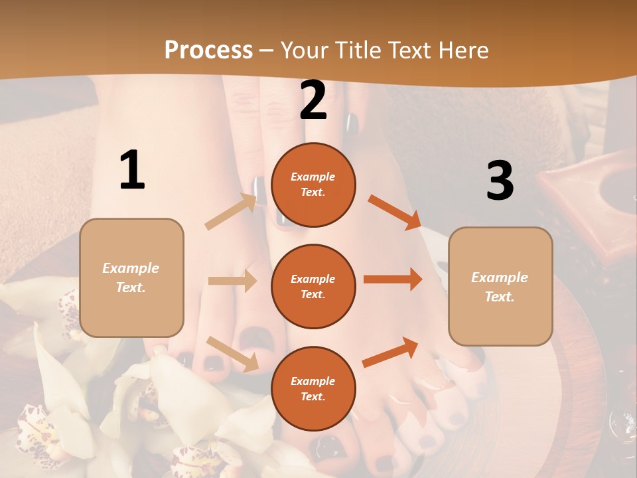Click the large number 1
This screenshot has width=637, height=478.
click(x=132, y=171)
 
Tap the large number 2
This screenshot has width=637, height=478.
click(x=313, y=100)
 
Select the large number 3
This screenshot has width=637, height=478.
click(x=500, y=181)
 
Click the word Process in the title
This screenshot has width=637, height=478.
click(x=208, y=50)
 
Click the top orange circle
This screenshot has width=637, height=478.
click(x=313, y=185)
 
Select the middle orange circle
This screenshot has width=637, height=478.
click(x=313, y=286)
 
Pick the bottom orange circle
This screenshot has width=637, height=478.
click(x=313, y=388)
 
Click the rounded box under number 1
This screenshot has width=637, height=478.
click(x=131, y=278)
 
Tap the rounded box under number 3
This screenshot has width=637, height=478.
click(x=500, y=287)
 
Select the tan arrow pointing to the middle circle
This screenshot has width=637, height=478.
click(x=232, y=281)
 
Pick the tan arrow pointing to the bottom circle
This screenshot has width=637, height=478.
click(x=233, y=353)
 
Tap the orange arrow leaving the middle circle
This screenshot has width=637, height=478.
click(x=393, y=279)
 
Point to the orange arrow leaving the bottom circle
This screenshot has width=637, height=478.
click(x=391, y=353)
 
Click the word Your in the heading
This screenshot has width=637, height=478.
click(x=305, y=50)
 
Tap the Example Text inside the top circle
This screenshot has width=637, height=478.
click(x=313, y=185)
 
